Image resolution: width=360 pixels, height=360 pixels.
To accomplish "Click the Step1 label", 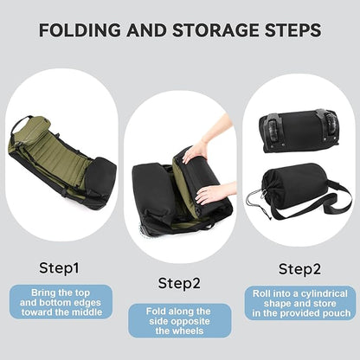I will [59, 267].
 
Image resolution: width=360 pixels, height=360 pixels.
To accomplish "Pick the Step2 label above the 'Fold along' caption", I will [179, 282].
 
